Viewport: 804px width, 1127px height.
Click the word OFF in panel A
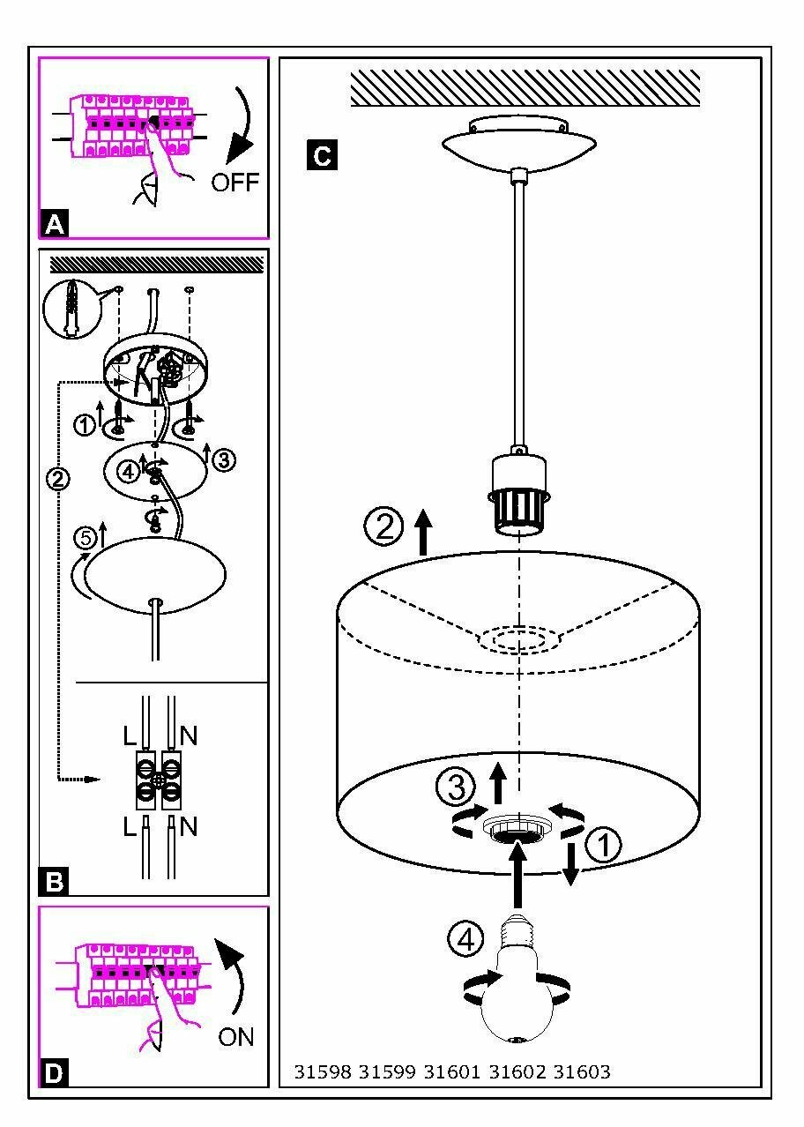(x=235, y=182)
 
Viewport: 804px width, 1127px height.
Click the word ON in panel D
(x=235, y=1036)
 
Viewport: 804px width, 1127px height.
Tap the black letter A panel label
(x=54, y=225)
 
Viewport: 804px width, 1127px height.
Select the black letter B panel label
(x=54, y=881)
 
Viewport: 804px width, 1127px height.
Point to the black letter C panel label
(x=322, y=156)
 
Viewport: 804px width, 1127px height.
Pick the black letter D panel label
(x=54, y=1072)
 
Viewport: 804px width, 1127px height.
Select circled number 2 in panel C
(x=383, y=527)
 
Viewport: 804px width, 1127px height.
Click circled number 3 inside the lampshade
(x=457, y=787)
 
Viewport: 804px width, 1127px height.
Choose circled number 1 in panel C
(x=603, y=845)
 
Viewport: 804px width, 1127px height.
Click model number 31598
(x=323, y=1072)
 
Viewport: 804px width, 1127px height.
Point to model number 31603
(x=581, y=1072)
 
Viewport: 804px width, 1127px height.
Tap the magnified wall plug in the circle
(x=69, y=308)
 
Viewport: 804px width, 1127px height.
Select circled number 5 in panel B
(x=85, y=539)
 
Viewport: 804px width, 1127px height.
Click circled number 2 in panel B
(x=57, y=480)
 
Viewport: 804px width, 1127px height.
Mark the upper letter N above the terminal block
(x=188, y=734)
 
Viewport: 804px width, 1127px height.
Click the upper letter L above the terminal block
(x=130, y=734)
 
